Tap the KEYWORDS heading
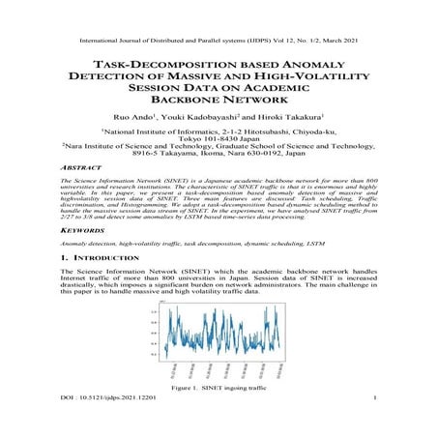click(x=82, y=232)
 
